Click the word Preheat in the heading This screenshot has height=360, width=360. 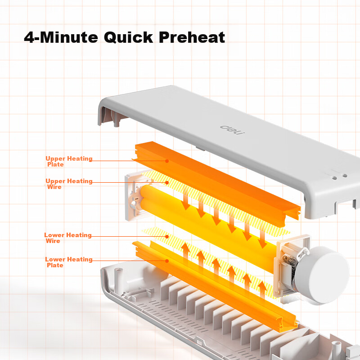tap(192, 37)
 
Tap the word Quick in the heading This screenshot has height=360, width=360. tap(128, 37)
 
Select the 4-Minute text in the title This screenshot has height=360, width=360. tap(61, 37)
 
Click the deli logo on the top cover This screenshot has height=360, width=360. tap(232, 130)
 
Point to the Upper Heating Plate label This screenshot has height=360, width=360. tap(69, 162)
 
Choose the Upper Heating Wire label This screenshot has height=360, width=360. tap(69, 184)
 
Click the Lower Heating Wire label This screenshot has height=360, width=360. tap(68, 238)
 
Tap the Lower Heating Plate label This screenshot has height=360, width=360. tap(69, 262)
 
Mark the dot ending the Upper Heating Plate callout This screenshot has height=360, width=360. tap(167, 161)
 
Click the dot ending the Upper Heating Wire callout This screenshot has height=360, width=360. tap(167, 183)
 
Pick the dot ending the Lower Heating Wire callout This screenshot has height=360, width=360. tap(167, 237)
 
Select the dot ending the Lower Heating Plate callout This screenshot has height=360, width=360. tap(167, 261)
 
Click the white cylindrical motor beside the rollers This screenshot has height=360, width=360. tap(321, 275)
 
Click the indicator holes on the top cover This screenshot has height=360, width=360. tap(340, 177)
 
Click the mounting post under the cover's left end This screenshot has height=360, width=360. tap(117, 120)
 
